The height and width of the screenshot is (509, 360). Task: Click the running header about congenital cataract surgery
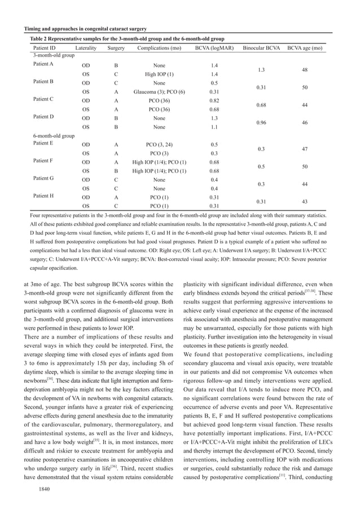85,29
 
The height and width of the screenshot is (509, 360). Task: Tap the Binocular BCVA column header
261,49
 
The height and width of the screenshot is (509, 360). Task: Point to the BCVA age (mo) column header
305,49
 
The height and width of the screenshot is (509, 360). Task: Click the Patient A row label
43,65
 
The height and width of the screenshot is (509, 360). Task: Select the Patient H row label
43,197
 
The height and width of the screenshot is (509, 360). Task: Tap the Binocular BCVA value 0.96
261,123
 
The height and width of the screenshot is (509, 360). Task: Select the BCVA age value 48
305,70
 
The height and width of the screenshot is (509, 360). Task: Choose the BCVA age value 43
305,201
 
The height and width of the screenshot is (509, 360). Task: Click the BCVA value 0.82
214,100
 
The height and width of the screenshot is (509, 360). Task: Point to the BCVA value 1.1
214,127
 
